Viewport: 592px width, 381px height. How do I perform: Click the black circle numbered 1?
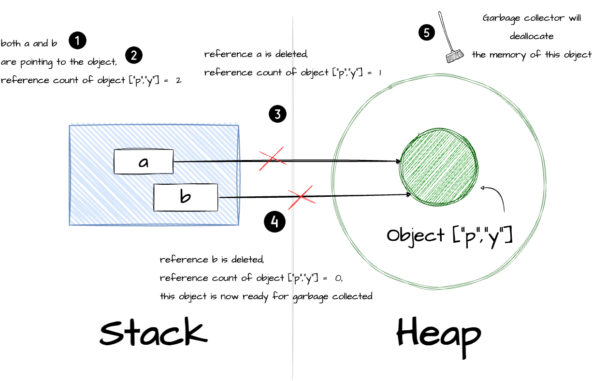point(77,41)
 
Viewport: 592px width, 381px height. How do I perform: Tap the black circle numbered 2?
point(134,56)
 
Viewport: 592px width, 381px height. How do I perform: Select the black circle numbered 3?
point(277,115)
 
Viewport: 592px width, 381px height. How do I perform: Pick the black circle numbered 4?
point(274,222)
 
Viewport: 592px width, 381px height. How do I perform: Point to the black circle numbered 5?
point(426,32)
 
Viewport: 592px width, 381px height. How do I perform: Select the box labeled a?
point(144,162)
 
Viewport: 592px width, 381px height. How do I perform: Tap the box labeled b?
point(186,197)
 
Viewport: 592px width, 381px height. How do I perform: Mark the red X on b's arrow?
point(301,196)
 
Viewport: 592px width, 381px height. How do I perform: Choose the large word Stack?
point(153,333)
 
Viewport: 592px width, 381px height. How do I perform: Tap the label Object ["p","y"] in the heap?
point(449,236)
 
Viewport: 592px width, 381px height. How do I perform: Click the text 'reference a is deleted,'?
point(256,54)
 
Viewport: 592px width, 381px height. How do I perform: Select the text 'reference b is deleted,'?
point(212,260)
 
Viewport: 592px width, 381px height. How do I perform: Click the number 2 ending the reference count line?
point(178,81)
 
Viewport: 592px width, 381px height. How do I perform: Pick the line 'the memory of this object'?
point(532,55)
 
